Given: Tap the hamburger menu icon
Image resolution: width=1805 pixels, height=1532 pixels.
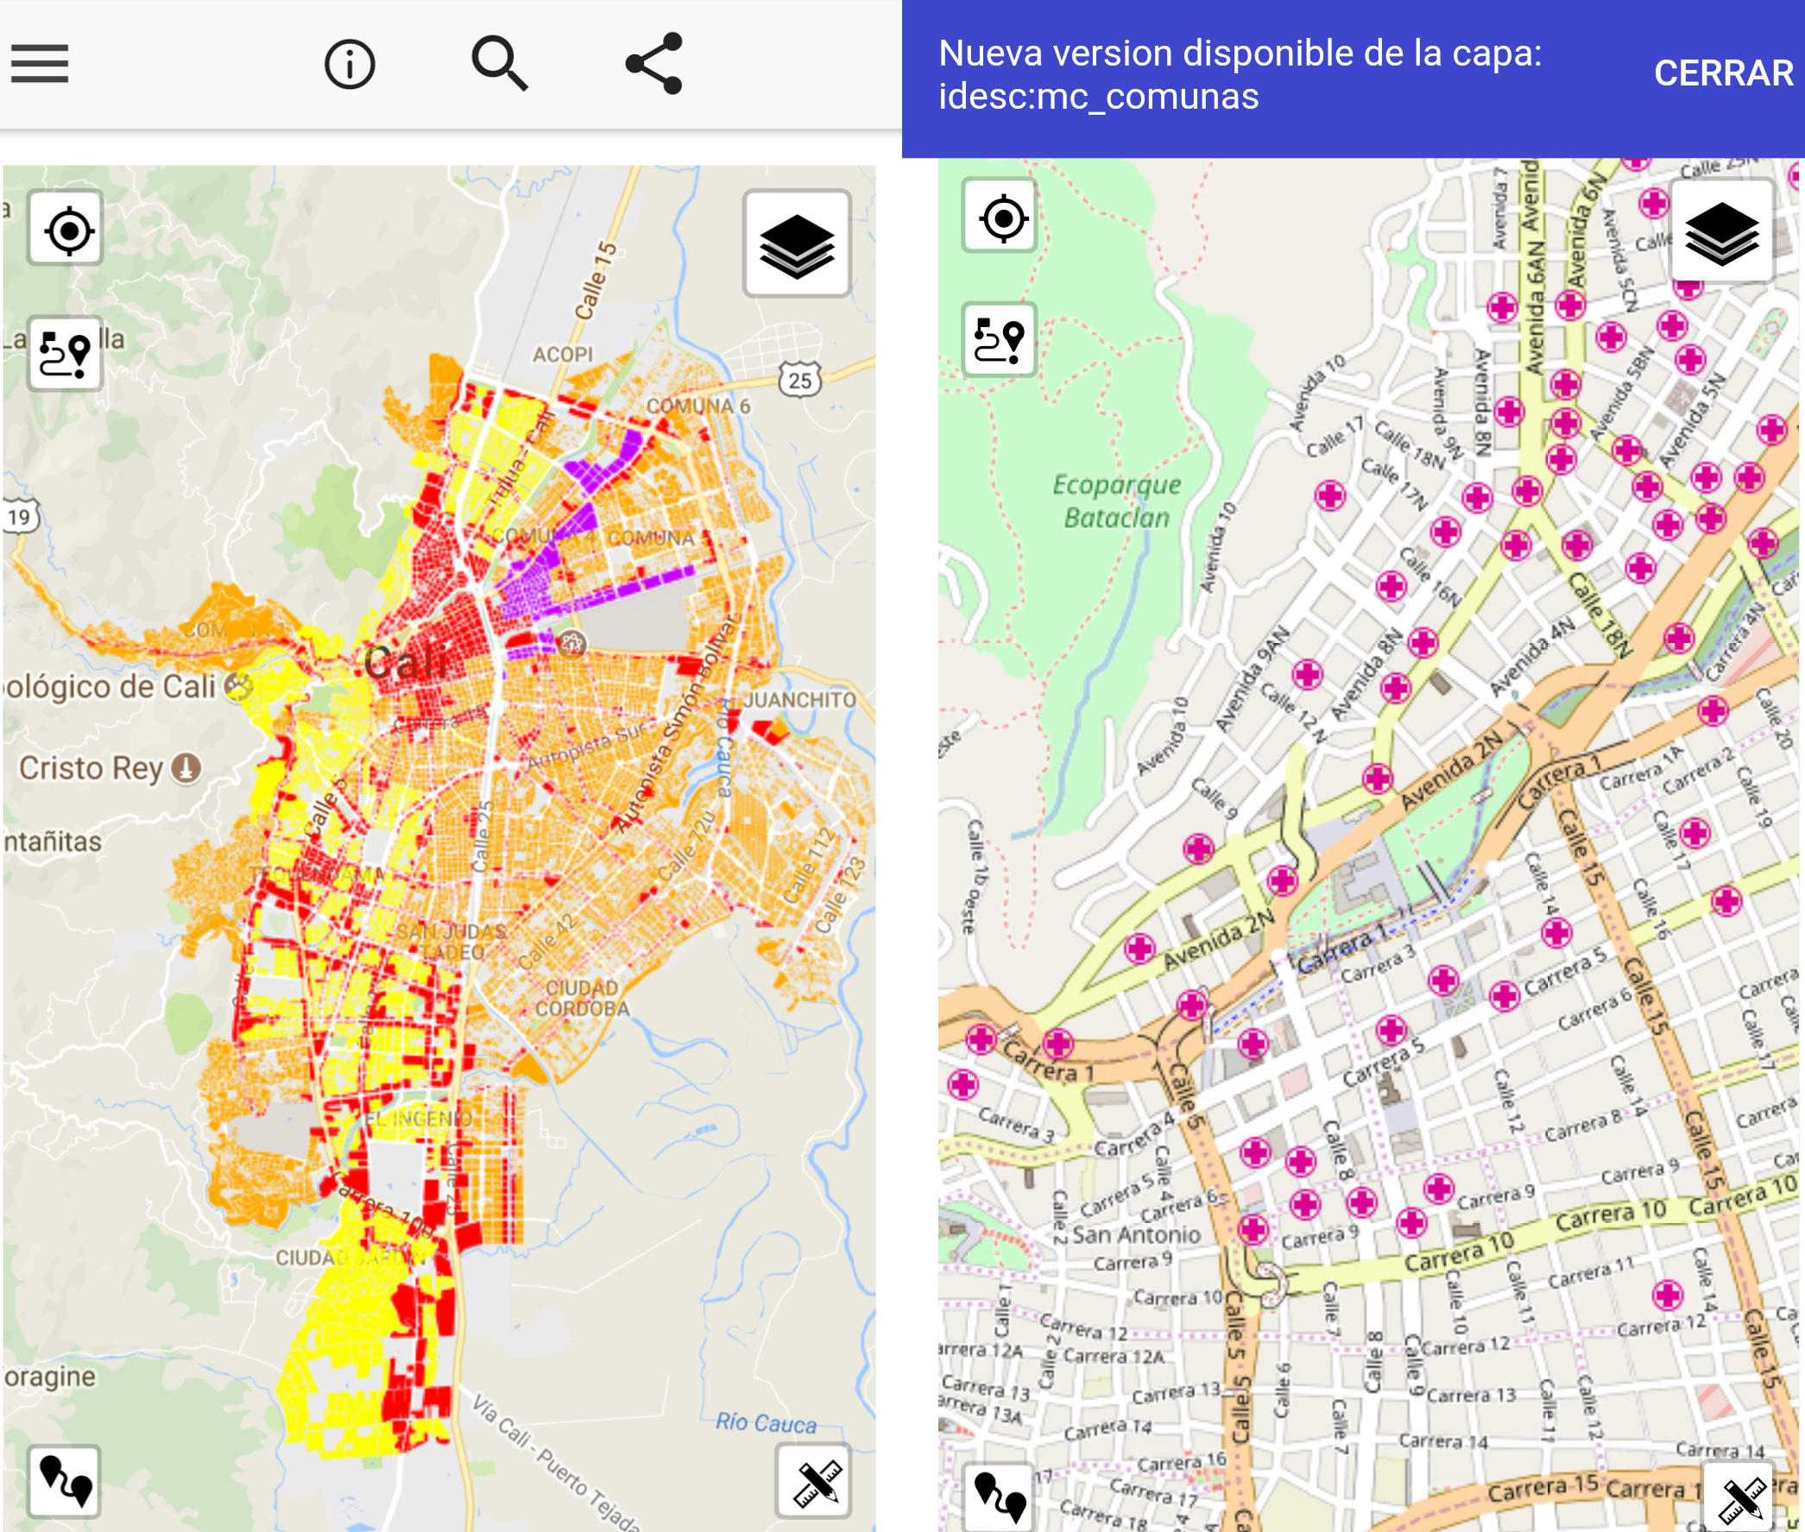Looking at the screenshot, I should coord(40,64).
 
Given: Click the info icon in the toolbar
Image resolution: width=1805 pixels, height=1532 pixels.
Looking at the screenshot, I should coord(350,64).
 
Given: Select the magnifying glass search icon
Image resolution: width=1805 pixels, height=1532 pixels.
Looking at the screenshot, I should coord(500,63).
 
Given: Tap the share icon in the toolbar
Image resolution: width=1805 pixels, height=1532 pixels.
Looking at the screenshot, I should coord(654,63).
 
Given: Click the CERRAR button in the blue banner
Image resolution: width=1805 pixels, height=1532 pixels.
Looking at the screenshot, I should coord(1722,73).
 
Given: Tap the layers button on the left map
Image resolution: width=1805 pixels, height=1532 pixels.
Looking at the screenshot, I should coord(797,244).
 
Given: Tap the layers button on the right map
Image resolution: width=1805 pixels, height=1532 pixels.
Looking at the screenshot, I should coord(1720,232).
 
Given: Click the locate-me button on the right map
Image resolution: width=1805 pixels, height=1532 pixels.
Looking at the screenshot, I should coord(1000,218).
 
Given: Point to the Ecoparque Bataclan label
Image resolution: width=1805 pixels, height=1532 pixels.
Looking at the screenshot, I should coord(1116,501).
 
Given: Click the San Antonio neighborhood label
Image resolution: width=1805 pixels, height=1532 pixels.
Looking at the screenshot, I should coord(1135,1234).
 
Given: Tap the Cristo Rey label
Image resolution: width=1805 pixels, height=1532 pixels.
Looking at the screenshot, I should coord(92,768).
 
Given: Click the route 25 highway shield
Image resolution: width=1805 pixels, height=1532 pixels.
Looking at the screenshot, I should coord(799,380).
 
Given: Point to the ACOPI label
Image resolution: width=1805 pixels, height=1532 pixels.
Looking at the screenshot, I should coord(562,355).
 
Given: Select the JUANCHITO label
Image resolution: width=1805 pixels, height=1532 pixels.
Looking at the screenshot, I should coord(799,699).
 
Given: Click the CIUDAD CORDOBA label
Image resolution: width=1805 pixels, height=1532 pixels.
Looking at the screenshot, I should coord(581,999).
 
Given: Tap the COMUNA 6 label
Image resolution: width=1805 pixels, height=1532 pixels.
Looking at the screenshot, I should coord(697,406).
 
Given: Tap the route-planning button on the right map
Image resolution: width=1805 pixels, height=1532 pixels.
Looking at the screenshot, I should coord(1000,340).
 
